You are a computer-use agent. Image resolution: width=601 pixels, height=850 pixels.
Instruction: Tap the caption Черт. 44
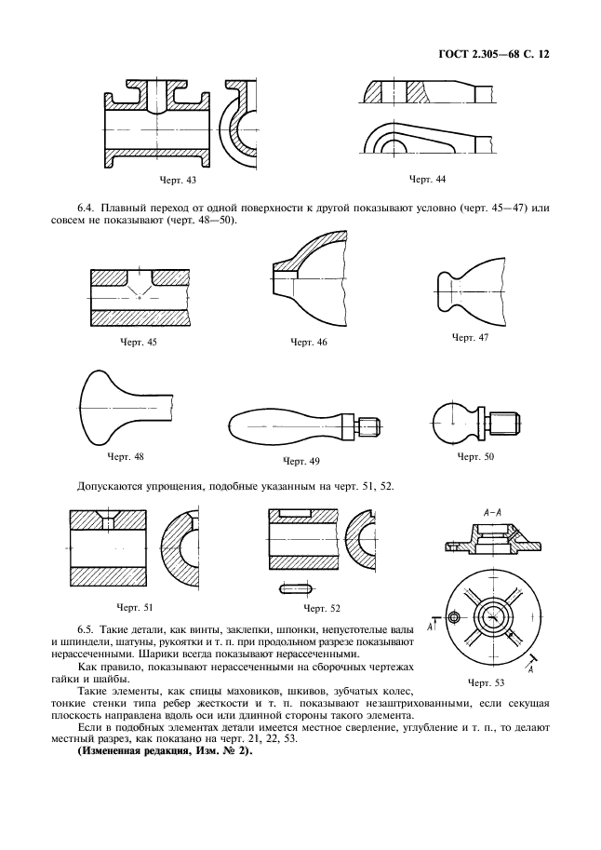(428, 178)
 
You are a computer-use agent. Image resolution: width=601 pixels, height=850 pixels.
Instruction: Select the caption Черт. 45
(139, 343)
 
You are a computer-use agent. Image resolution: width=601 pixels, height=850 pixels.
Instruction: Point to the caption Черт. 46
(310, 343)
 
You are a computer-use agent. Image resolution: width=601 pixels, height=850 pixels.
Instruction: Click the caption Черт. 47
(470, 336)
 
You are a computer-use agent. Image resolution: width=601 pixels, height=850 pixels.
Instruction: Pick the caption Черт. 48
(125, 456)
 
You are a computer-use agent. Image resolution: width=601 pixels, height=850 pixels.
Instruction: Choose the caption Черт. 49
(300, 461)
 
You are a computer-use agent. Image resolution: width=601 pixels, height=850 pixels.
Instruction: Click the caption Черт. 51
(136, 607)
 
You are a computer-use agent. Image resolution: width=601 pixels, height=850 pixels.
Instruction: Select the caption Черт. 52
(322, 608)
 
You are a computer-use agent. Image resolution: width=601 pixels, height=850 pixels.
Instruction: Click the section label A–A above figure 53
(493, 511)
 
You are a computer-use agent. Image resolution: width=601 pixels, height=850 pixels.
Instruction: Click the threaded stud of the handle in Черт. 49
(371, 426)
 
